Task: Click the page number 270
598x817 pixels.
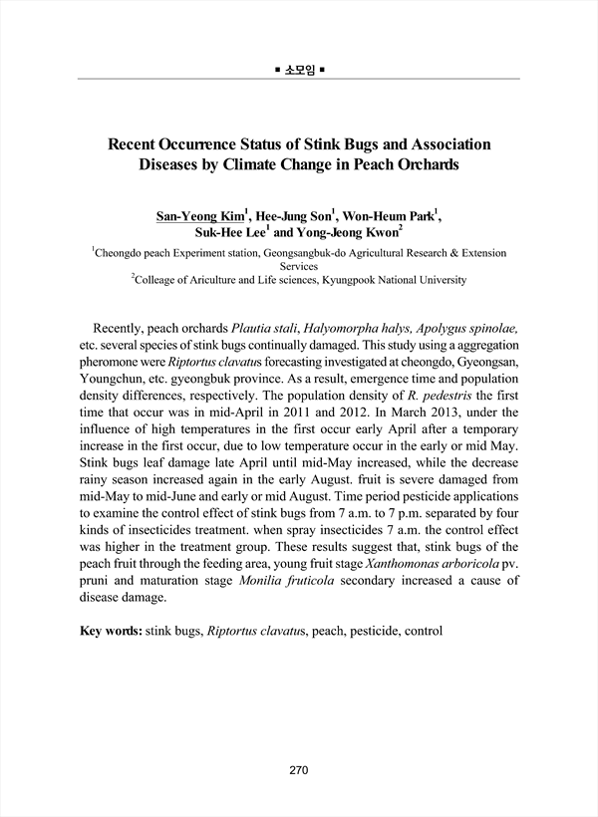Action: point(299,770)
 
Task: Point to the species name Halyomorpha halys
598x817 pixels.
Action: point(359,328)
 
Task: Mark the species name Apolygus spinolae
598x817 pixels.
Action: point(466,328)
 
